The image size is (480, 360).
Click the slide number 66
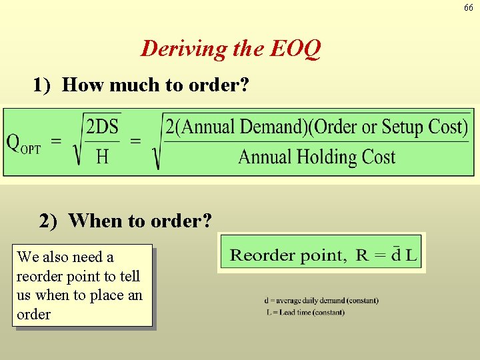click(469, 7)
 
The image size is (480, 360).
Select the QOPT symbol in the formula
click(23, 143)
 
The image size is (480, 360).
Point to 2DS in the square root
click(103, 127)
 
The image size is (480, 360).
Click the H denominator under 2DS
click(103, 157)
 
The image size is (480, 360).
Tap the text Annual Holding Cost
click(317, 157)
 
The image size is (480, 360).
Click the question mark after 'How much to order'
click(243, 85)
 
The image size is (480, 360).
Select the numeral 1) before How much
click(43, 85)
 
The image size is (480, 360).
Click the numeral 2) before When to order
click(49, 221)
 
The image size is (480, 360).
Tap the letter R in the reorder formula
click(362, 255)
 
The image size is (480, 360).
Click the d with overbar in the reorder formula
click(396, 254)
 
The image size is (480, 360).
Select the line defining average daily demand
click(321, 301)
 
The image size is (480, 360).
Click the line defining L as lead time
click(305, 312)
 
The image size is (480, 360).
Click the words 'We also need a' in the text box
click(65, 257)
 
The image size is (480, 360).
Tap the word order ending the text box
click(33, 314)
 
